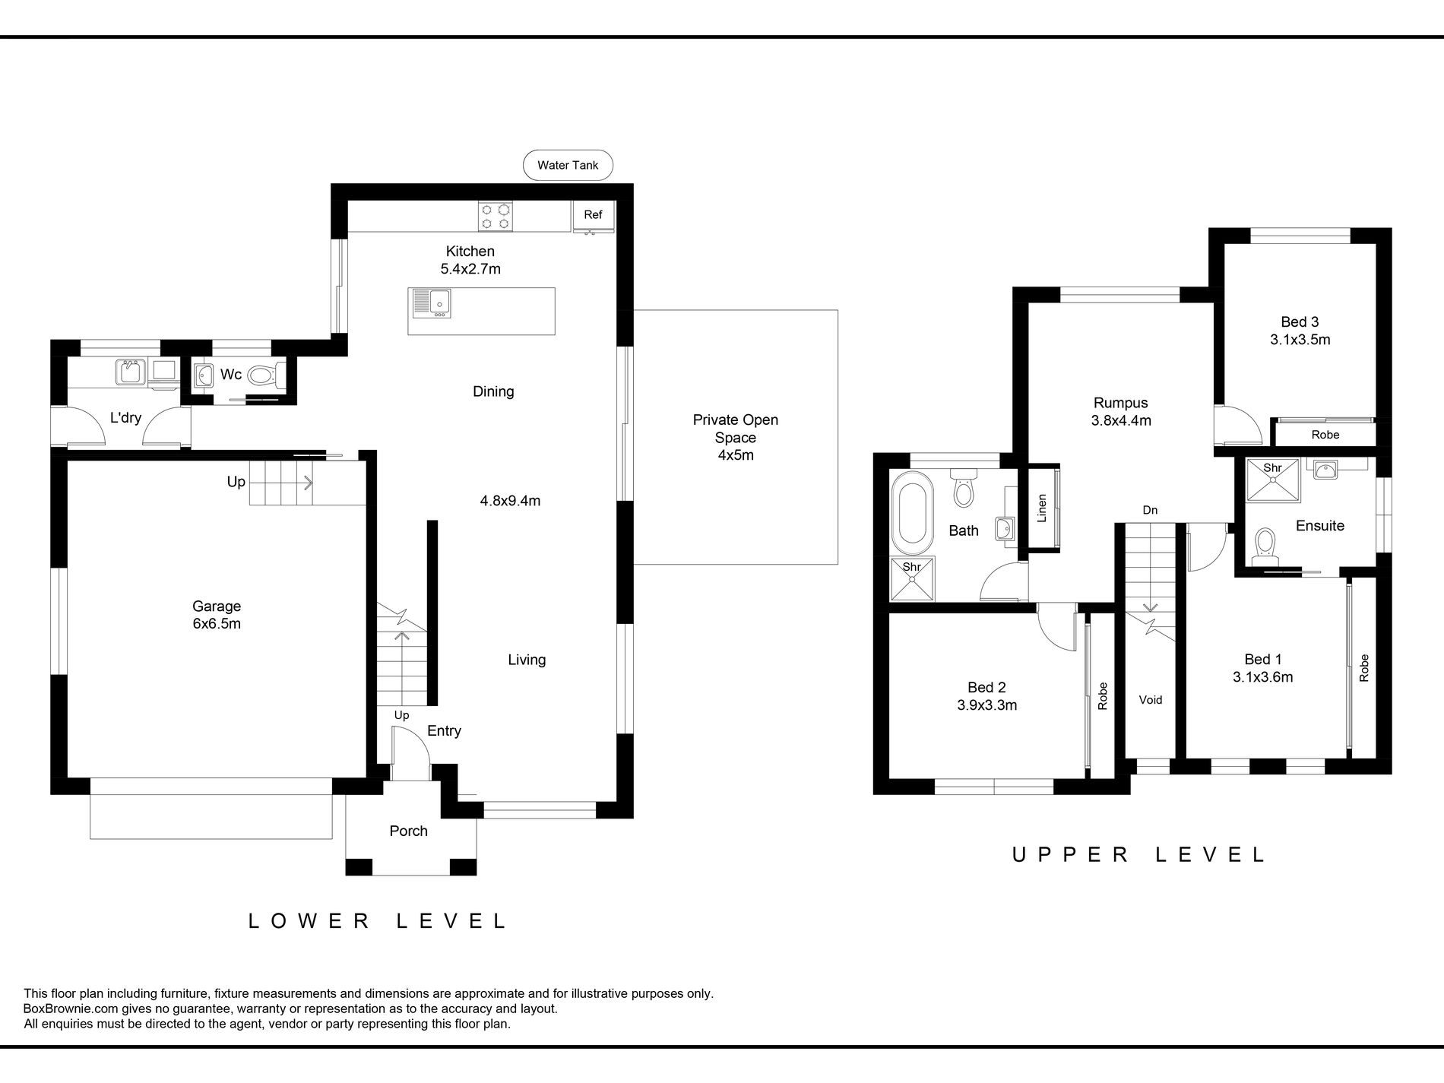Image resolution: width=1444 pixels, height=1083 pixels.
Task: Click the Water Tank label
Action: point(568,165)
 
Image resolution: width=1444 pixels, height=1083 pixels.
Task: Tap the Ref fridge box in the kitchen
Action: point(593,217)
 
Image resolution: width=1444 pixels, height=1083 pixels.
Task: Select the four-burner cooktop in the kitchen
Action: point(495,216)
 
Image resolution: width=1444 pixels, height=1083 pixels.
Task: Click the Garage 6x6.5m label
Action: point(217,615)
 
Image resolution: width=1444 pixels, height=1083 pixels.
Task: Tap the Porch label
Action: point(409,831)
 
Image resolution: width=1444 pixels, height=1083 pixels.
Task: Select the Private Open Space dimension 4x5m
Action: point(736,455)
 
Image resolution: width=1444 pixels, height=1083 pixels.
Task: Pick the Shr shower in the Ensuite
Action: point(1273,480)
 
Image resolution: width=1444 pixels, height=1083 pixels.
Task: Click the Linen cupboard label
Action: point(1042,508)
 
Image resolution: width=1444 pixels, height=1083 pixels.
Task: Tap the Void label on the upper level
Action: point(1151,700)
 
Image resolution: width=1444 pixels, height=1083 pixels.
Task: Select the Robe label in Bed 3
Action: point(1325,435)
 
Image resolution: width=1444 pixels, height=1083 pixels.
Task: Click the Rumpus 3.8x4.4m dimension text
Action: point(1121,420)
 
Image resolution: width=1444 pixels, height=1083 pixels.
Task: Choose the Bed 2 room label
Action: point(987,688)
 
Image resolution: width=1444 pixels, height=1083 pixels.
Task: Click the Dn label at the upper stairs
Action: point(1150,510)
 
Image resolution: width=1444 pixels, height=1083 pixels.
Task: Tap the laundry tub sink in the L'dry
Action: point(130,372)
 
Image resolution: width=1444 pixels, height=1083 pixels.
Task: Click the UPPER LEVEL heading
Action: point(1138,854)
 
